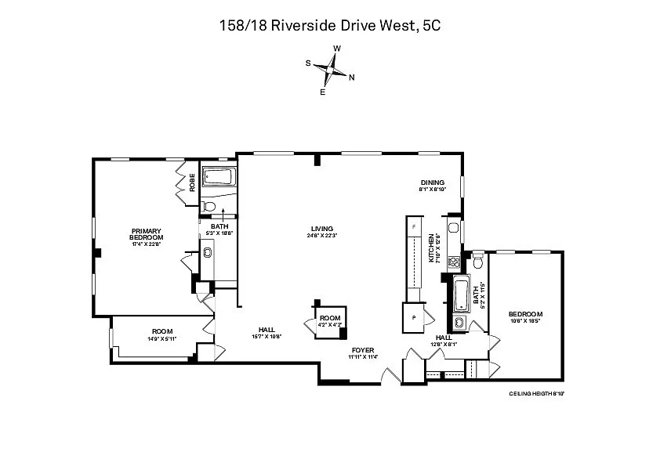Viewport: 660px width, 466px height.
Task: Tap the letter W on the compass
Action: (x=337, y=49)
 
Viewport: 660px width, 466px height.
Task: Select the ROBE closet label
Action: (x=192, y=182)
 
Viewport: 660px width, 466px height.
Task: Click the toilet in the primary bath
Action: (x=208, y=206)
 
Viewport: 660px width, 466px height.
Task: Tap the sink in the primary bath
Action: (x=208, y=252)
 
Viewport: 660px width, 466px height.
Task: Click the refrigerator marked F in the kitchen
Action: (x=412, y=226)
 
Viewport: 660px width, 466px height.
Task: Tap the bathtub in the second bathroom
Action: (x=462, y=294)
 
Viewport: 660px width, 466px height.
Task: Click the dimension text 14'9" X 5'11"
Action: (x=162, y=338)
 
